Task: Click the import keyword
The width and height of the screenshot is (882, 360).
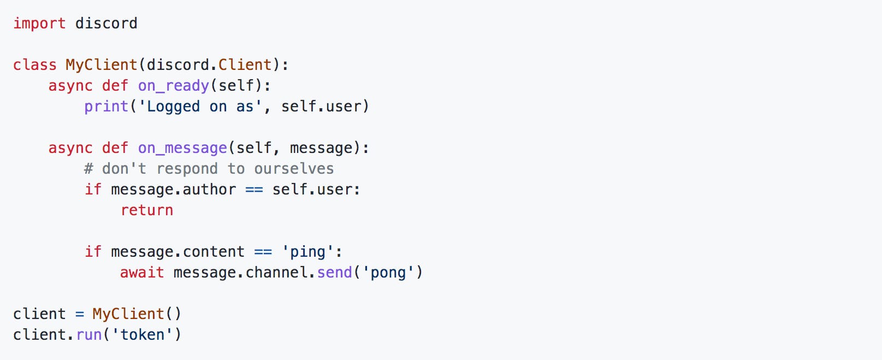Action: (39, 23)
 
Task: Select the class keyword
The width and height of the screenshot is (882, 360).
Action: (35, 65)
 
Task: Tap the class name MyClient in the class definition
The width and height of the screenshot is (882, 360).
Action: (102, 65)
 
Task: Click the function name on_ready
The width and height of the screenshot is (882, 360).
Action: (173, 86)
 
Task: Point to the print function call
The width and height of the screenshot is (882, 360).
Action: (106, 107)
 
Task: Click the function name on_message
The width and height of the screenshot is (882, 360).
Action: (182, 148)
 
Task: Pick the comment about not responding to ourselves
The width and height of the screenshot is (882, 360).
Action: (209, 169)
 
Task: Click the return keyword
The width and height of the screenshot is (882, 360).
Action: (147, 210)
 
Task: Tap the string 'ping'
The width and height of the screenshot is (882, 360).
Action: (307, 252)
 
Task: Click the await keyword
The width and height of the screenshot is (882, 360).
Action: (142, 273)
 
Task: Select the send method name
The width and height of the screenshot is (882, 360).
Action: (334, 273)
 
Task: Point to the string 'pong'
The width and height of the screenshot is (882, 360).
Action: (388, 273)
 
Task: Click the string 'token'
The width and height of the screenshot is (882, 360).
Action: (142, 335)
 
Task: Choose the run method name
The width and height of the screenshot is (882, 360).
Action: (89, 335)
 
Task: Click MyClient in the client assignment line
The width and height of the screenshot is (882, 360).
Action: (128, 314)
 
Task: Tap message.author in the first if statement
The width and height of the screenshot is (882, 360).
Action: (173, 190)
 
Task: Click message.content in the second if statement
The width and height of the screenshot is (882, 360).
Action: (177, 252)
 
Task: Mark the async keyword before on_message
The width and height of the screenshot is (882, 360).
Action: (70, 148)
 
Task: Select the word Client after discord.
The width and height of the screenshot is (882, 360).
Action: (245, 65)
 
